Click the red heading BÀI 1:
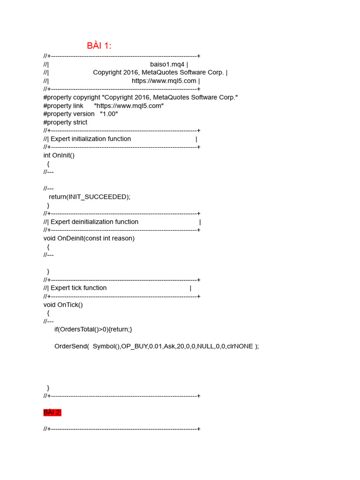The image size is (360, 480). point(99,45)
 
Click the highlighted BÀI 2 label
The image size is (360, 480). point(52,412)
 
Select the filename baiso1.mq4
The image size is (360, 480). point(167,64)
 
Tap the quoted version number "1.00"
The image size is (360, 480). point(109,114)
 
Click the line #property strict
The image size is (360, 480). point(65,122)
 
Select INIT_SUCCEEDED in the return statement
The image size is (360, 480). point(98,197)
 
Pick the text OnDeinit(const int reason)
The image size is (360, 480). point(96,238)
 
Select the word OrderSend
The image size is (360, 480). point(71,346)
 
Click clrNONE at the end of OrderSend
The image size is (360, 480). point(240,346)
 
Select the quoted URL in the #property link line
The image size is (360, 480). point(129,106)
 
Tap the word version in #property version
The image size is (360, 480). point(84,114)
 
